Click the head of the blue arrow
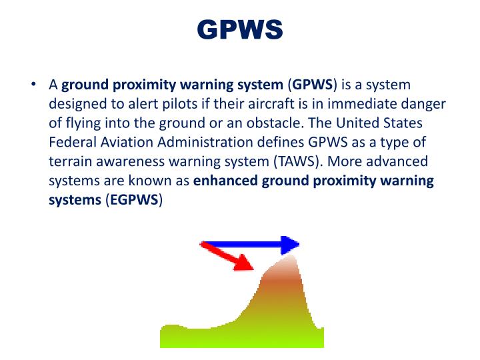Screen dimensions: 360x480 point(290,245)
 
